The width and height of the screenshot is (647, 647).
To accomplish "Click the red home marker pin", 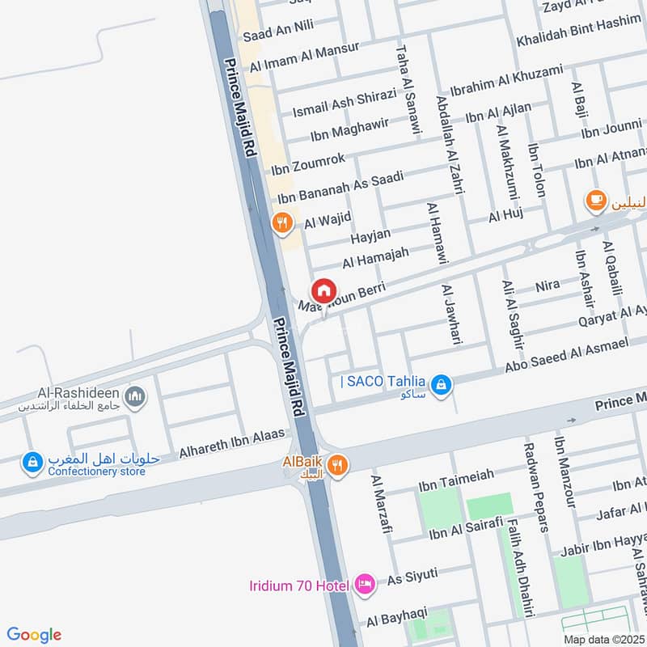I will point(323,290).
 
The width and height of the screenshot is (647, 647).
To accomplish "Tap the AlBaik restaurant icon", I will point(339,464).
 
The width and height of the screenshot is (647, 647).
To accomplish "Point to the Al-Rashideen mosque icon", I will point(135,395).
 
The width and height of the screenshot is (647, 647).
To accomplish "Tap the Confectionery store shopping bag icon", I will point(32,462).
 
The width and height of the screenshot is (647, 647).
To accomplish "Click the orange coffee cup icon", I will point(596,199).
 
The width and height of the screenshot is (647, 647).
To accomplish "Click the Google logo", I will point(34,635).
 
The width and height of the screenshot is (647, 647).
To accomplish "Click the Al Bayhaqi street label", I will point(396,620).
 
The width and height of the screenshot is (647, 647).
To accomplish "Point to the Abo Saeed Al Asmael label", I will point(567,357).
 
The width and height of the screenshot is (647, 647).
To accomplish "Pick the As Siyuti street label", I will point(412,577).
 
